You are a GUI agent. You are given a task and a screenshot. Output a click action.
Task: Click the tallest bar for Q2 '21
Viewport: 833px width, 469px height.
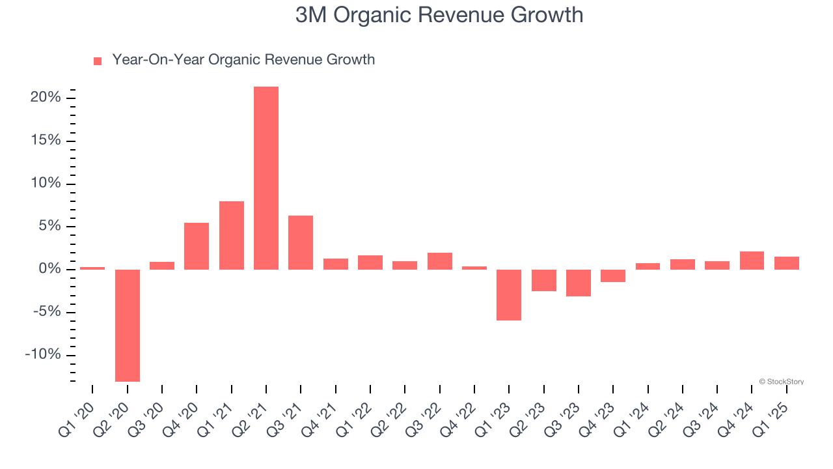click(x=266, y=178)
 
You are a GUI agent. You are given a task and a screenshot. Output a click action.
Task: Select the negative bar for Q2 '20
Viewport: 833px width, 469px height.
click(x=128, y=325)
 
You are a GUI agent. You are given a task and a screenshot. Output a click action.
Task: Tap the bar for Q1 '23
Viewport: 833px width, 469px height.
click(x=509, y=294)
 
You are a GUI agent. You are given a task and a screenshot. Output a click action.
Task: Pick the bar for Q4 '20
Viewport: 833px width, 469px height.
click(x=197, y=246)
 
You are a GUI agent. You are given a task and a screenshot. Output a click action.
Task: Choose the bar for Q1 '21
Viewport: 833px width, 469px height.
click(x=232, y=235)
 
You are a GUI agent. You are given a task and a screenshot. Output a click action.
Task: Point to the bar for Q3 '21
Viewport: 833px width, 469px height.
click(x=301, y=242)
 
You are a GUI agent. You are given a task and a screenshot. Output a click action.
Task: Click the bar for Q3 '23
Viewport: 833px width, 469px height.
click(x=579, y=283)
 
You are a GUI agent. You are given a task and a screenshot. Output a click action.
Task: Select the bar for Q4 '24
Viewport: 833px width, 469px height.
click(x=752, y=261)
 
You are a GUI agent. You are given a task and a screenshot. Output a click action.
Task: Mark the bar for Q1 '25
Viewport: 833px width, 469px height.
click(x=787, y=263)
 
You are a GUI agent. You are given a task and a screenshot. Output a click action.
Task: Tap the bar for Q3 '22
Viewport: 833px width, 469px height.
click(x=440, y=261)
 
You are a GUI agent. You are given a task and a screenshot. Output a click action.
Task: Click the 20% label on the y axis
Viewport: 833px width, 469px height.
click(x=45, y=98)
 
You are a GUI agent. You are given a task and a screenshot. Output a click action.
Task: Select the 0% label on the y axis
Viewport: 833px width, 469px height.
click(x=49, y=269)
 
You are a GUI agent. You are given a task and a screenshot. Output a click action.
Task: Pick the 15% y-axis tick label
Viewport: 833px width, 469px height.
click(x=45, y=141)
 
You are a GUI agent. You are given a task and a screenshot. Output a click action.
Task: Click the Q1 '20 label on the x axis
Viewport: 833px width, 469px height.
click(x=77, y=415)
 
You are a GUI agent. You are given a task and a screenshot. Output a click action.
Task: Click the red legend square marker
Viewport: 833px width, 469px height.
click(x=98, y=61)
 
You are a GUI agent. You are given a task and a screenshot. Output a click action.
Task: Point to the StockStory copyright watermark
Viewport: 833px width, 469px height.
click(x=781, y=382)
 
